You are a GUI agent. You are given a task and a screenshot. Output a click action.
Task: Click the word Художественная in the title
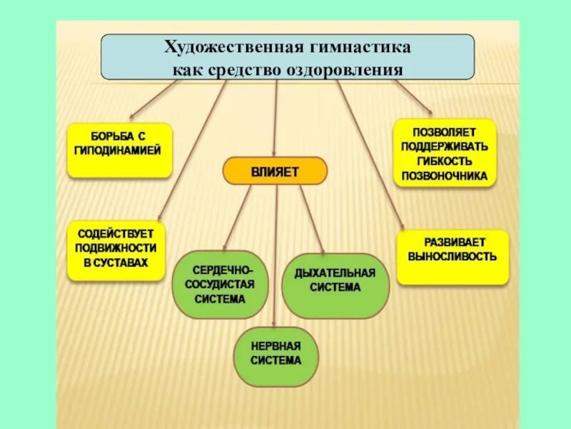228,48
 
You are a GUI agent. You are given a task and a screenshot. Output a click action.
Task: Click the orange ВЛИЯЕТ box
275,172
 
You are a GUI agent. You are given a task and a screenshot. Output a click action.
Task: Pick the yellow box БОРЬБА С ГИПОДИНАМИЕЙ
119,150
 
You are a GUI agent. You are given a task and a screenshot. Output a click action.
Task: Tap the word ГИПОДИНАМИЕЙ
118,151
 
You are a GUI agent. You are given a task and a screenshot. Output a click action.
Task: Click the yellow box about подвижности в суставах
116,250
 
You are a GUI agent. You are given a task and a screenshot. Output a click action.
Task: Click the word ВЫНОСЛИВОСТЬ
452,256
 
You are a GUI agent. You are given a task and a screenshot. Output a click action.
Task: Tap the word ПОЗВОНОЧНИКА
444,175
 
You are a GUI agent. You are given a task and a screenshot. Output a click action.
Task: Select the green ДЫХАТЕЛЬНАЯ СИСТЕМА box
335,285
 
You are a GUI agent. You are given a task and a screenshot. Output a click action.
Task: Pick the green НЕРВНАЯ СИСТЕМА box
276,354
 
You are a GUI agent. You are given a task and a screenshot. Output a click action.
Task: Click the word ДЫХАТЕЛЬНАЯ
335,273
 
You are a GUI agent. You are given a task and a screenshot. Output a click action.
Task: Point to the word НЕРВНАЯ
276,346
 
